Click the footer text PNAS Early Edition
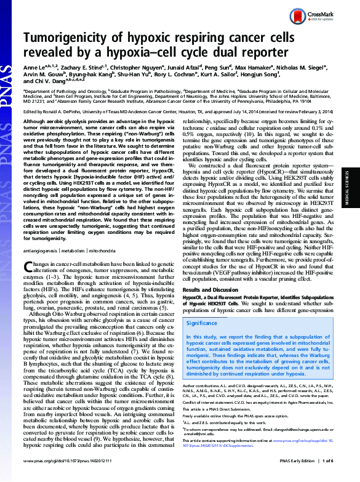[307, 475]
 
